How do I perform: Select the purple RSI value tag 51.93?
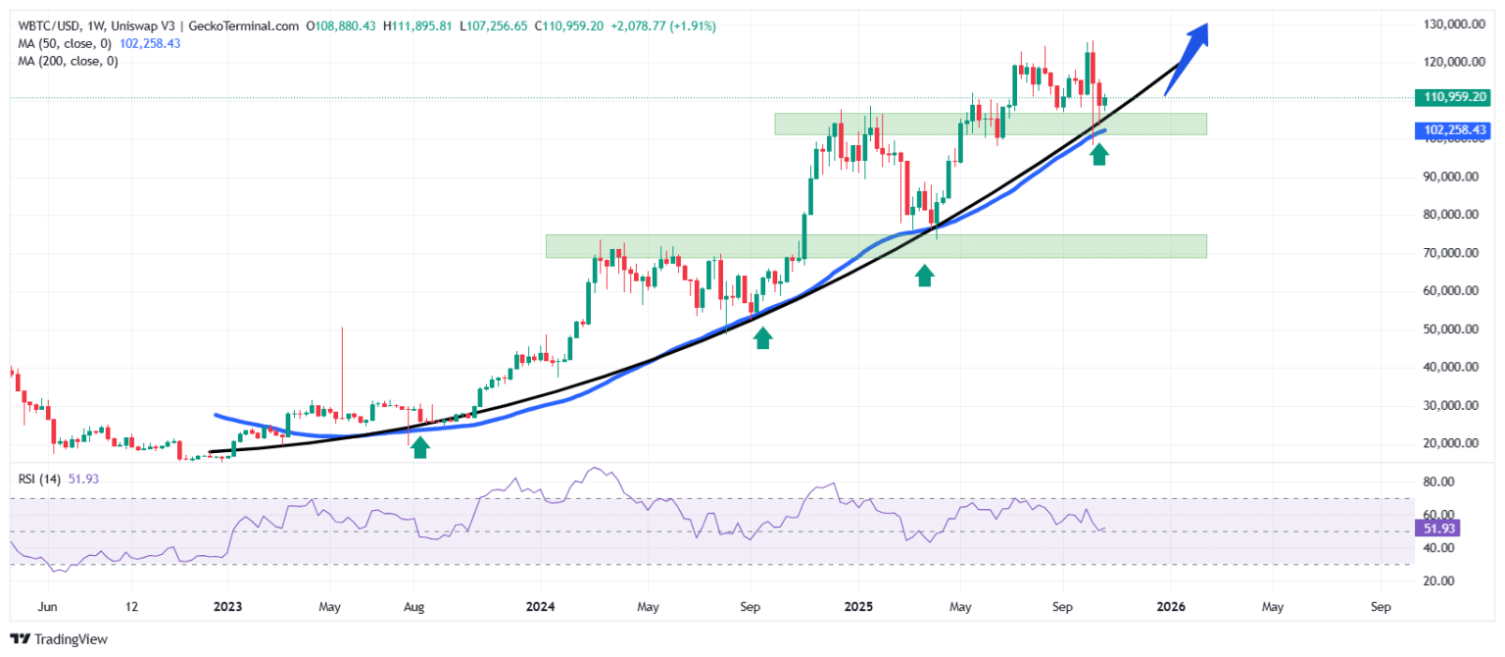click(1434, 529)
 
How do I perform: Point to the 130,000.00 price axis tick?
click(1452, 24)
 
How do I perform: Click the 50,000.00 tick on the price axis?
click(1452, 328)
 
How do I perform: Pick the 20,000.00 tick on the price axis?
click(1452, 443)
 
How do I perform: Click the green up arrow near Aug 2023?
click(420, 447)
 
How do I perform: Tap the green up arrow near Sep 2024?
click(762, 337)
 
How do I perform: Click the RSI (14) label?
click(37, 479)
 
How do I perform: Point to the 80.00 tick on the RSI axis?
click(1438, 481)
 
